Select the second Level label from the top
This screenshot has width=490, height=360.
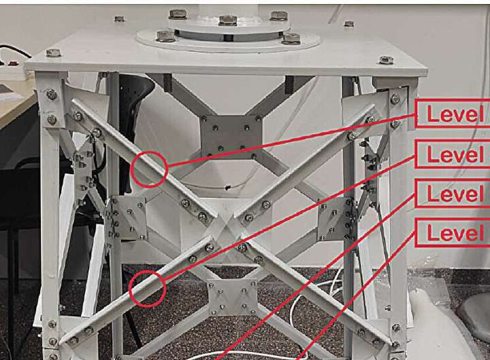pos(453,154)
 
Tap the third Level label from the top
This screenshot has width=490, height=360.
pos(453,195)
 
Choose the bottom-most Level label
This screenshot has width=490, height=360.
pos(453,234)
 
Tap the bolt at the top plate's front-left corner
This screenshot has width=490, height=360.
pos(53,53)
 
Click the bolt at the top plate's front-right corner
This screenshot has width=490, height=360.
pos(386,60)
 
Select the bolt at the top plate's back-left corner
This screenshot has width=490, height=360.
pos(119,18)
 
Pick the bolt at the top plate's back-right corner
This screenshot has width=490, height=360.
pos(348,24)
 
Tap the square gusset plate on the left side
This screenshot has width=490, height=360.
pos(127,218)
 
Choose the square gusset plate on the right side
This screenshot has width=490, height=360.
pos(336,218)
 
